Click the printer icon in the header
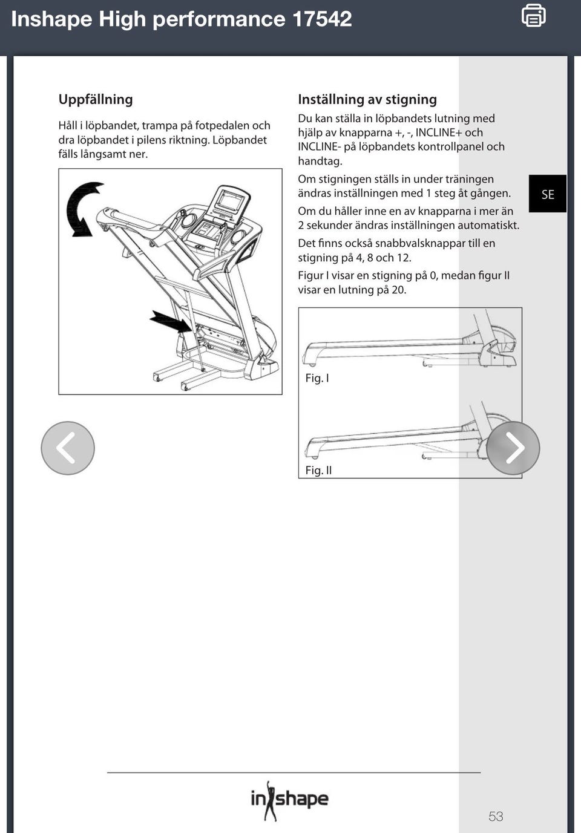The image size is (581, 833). [x=533, y=16]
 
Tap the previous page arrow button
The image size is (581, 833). [x=68, y=448]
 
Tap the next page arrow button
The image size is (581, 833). [x=513, y=448]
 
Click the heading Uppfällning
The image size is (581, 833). [x=96, y=100]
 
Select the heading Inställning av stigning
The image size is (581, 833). [x=367, y=100]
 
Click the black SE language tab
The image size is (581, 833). [x=548, y=194]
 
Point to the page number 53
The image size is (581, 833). [x=496, y=817]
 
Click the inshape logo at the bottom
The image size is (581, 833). [x=289, y=800]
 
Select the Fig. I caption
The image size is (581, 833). [x=317, y=379]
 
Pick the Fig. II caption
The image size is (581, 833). [x=318, y=471]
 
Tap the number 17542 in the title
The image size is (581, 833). [x=322, y=19]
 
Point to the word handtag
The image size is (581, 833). [x=319, y=162]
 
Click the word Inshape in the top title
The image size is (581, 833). [x=51, y=19]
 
